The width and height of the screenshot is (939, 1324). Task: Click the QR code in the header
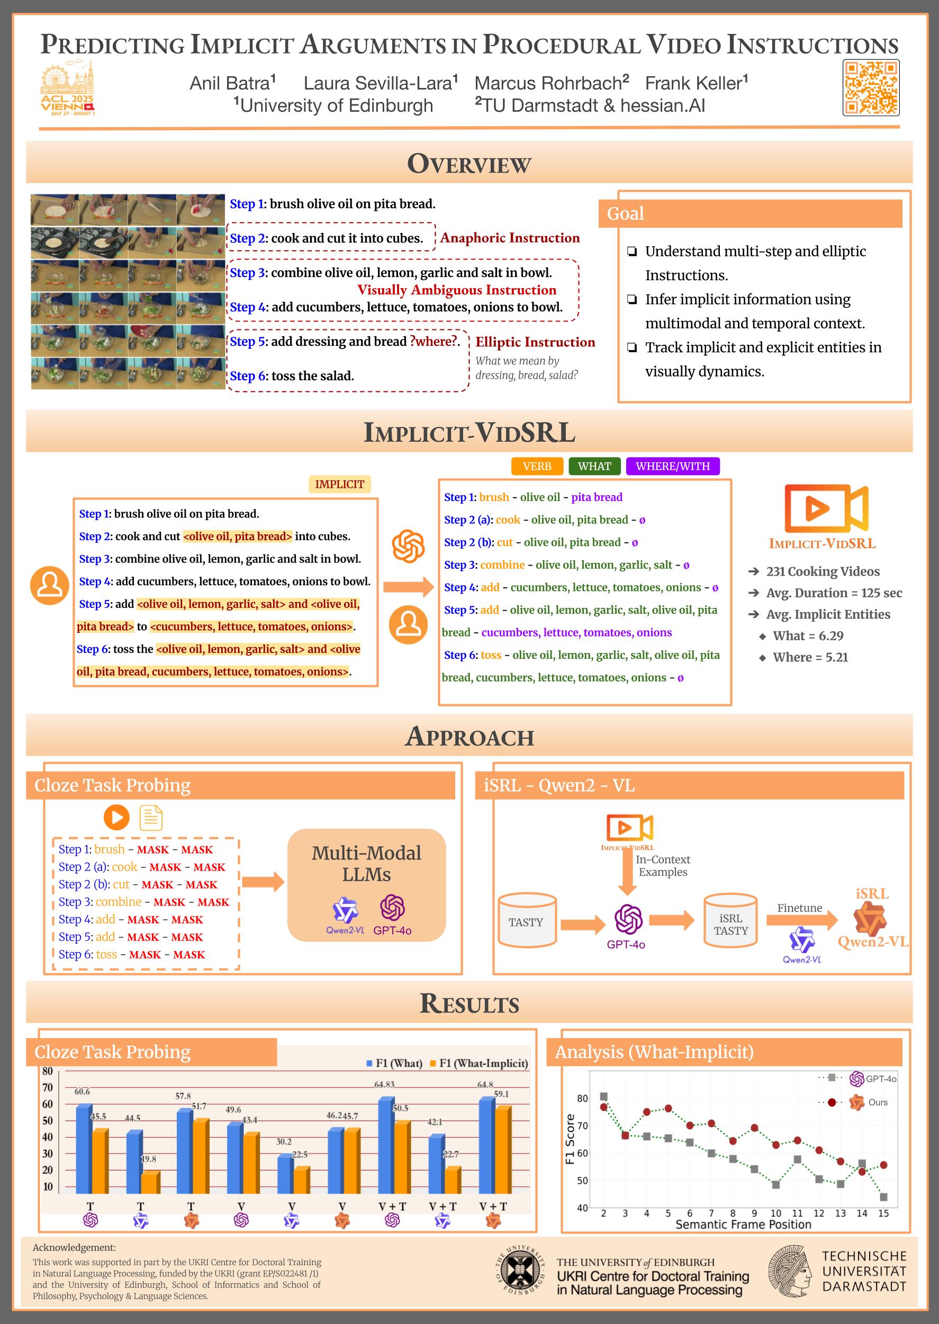point(871,87)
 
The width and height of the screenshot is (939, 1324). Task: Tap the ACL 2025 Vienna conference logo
point(67,89)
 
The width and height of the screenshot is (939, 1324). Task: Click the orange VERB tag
point(537,466)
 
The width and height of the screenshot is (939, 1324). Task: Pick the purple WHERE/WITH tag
point(672,466)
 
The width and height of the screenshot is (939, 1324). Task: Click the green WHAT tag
point(594,466)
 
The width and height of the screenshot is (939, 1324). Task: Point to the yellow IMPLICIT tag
point(339,484)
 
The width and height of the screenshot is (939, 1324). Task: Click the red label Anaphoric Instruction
point(510,238)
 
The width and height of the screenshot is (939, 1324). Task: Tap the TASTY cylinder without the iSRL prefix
point(527,921)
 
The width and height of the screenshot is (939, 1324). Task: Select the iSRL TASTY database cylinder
point(730,921)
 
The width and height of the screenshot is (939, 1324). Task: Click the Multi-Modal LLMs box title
point(367,864)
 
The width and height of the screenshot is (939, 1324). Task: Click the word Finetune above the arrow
point(800,908)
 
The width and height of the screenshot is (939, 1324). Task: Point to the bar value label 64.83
point(384,1084)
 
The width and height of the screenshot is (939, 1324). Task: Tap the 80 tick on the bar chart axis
point(48,1071)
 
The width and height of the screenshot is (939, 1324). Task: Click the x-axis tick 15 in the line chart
point(883,1213)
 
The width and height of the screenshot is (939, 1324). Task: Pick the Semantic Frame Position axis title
point(743,1224)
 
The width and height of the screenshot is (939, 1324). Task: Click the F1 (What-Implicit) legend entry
point(480,1063)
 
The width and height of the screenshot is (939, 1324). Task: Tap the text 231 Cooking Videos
point(823,571)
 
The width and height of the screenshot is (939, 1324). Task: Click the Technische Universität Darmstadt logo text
point(864,1272)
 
